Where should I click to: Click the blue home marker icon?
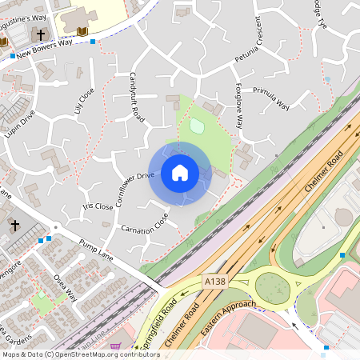(180, 172)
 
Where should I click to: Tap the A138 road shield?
(214, 282)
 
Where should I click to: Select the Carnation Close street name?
(144, 223)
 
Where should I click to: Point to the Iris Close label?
(98, 206)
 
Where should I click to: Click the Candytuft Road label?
(137, 98)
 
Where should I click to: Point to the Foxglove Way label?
(239, 104)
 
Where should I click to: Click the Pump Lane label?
(96, 250)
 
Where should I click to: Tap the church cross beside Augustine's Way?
(39, 34)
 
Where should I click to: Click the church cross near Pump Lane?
(14, 226)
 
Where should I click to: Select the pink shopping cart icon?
(115, 346)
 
